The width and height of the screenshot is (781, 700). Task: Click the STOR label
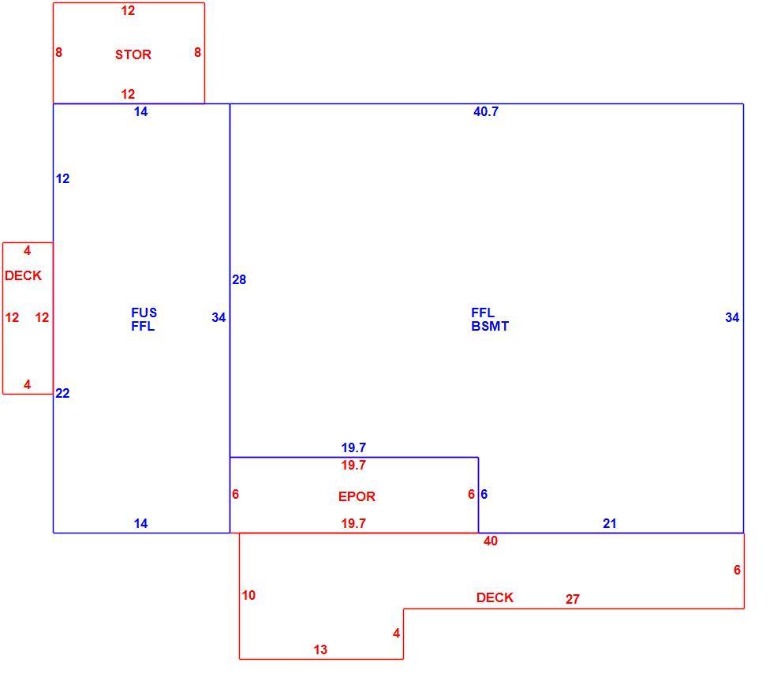(x=133, y=54)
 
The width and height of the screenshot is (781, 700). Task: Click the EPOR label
(x=357, y=496)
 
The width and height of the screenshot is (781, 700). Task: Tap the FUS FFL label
(x=144, y=320)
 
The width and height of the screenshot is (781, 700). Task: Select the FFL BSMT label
(x=490, y=320)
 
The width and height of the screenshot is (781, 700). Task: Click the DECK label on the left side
(x=23, y=275)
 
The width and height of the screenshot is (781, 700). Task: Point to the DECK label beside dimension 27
(x=495, y=597)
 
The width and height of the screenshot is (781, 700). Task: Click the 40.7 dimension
(x=486, y=111)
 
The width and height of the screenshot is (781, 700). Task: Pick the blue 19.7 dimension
(x=353, y=447)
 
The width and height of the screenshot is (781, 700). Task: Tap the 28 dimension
(x=239, y=279)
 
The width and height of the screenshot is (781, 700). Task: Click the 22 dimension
(x=62, y=393)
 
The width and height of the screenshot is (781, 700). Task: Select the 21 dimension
(x=610, y=523)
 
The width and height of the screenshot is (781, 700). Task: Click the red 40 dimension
(x=491, y=541)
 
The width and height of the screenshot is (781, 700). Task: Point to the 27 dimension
(x=573, y=599)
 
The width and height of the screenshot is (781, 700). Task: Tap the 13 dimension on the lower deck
(x=320, y=649)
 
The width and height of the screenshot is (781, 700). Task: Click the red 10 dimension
(x=248, y=595)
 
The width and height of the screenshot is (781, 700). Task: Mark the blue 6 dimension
(x=484, y=494)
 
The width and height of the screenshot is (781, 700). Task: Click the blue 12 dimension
(x=62, y=178)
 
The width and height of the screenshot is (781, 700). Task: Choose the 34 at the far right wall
(x=732, y=317)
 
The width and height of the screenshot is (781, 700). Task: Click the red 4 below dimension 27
(x=397, y=633)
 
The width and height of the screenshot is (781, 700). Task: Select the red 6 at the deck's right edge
(x=737, y=570)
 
